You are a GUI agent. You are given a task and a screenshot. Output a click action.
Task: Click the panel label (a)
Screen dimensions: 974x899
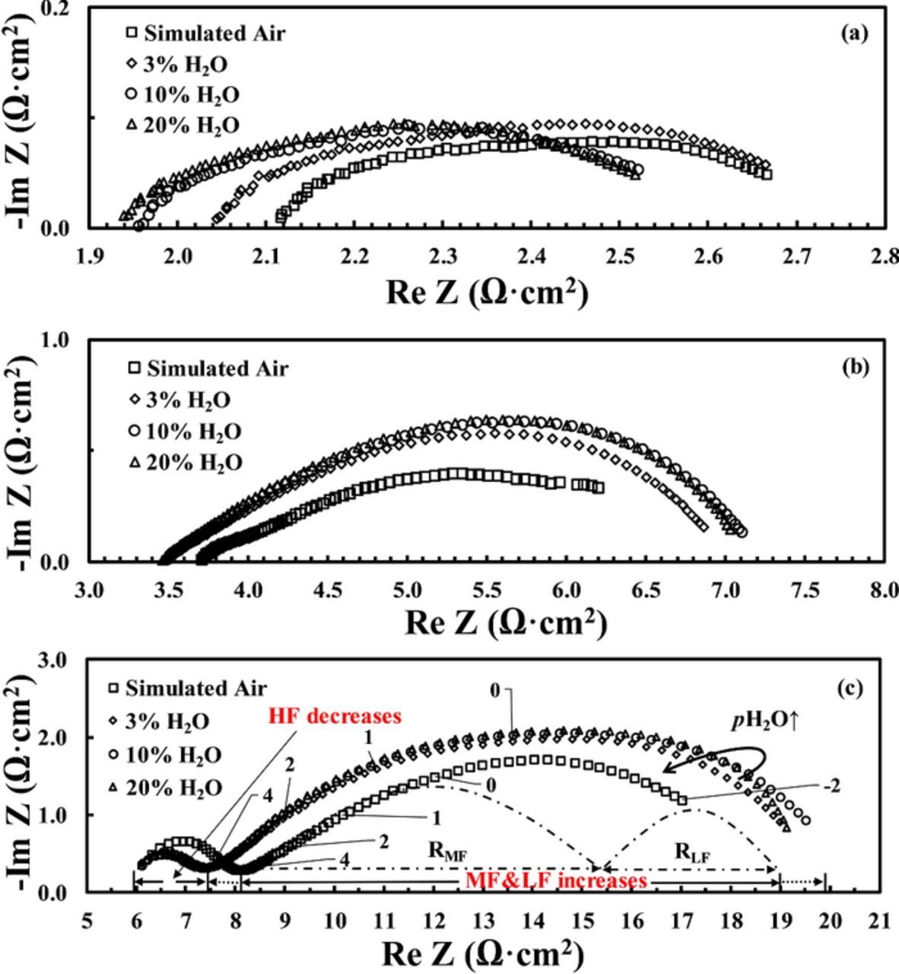tap(853, 33)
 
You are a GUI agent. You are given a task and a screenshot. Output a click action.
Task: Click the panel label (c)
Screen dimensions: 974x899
tap(850, 689)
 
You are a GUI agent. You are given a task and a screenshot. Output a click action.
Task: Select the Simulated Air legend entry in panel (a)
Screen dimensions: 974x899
tap(205, 33)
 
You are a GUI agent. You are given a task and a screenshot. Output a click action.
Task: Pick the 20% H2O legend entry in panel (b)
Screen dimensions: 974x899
tap(185, 463)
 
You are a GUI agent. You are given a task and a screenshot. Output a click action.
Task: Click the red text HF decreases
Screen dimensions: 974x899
tap(334, 716)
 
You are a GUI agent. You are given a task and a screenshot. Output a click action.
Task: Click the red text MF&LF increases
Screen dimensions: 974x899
tap(556, 881)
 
